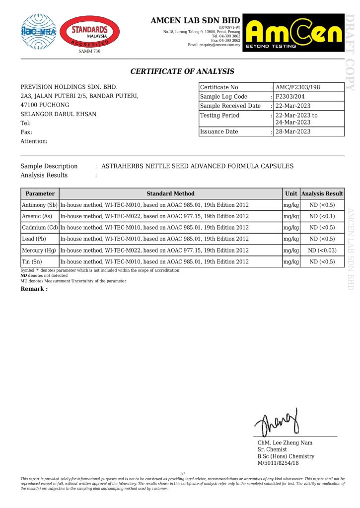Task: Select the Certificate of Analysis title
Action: [182, 71]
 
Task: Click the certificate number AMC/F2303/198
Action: [298, 87]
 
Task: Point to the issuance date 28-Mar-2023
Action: [293, 131]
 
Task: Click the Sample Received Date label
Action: [230, 106]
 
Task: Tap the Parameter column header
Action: [40, 193]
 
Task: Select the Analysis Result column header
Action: [322, 193]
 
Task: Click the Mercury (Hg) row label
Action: [39, 251]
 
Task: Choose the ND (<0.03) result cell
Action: [322, 251]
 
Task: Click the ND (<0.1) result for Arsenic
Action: [322, 216]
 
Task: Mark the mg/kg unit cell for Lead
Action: [291, 239]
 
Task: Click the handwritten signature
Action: [277, 422]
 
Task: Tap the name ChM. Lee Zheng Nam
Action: [285, 443]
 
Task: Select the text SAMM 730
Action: [89, 52]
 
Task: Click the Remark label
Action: [34, 289]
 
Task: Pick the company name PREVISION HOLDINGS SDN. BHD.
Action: [69, 87]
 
